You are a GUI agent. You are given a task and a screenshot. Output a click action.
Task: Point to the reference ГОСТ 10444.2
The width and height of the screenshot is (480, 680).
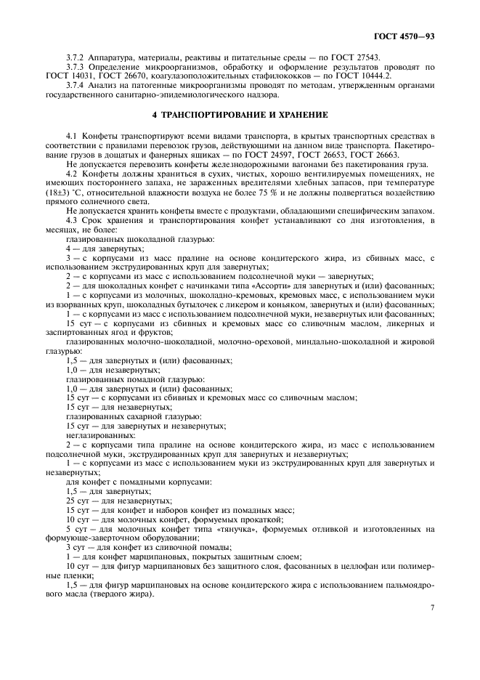365,75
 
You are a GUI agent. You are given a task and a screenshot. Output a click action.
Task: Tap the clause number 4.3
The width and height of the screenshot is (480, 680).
71,219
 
